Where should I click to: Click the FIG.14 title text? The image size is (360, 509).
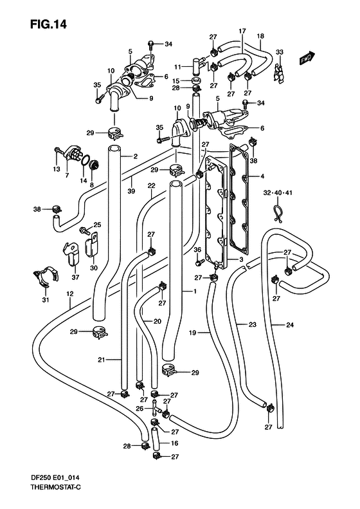pos(48,24)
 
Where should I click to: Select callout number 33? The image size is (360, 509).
pos(279,52)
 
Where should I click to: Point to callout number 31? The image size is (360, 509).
pos(46,300)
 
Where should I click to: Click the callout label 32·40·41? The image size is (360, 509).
pos(278,193)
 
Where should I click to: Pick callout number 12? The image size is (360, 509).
pos(69,294)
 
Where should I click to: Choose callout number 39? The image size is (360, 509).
pos(131,192)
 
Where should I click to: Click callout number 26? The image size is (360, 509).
pos(139,409)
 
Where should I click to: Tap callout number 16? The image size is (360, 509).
pos(174,443)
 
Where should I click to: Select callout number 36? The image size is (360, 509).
pos(197,249)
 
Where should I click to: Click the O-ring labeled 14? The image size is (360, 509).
pos(85,160)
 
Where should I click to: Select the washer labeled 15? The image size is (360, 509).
pos(195,80)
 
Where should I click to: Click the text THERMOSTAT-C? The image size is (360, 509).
pos(56,488)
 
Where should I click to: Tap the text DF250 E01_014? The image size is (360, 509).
pos(55,478)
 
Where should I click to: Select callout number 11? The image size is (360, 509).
pos(177,67)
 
